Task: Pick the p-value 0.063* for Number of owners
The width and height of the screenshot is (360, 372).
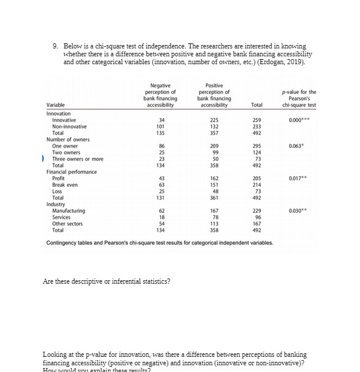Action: [302, 146]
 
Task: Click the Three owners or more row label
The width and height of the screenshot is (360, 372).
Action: [78, 159]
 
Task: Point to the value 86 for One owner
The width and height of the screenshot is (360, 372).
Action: [162, 146]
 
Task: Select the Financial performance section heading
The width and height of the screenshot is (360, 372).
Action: [71, 172]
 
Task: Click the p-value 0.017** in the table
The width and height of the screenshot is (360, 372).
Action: [303, 178]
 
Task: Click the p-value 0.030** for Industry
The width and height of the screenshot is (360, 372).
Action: [303, 211]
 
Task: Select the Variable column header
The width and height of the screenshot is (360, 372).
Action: [55, 105]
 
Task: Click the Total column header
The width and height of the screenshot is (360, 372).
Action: [257, 105]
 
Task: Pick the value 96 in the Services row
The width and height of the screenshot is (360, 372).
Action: [257, 217]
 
